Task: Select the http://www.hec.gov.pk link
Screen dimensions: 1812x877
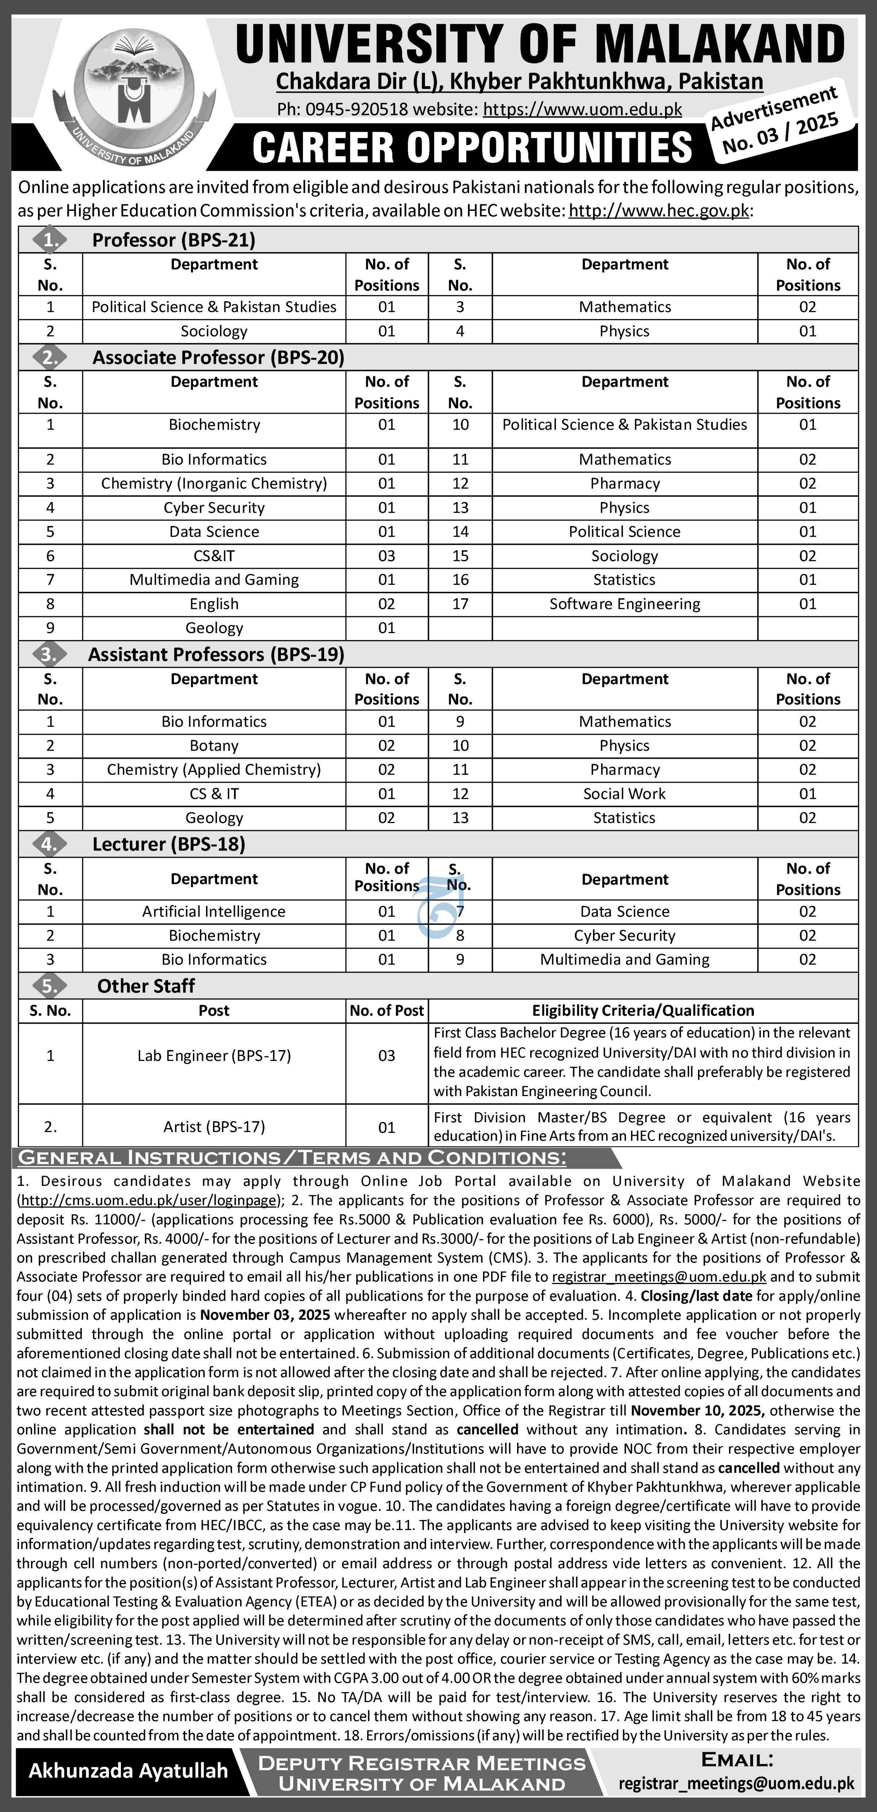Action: tap(659, 210)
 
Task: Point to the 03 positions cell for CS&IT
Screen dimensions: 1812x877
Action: tap(386, 556)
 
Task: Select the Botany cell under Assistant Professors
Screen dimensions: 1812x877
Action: tap(214, 746)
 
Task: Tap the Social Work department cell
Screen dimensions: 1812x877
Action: tap(624, 793)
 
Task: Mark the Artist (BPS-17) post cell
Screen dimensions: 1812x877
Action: tap(214, 1127)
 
